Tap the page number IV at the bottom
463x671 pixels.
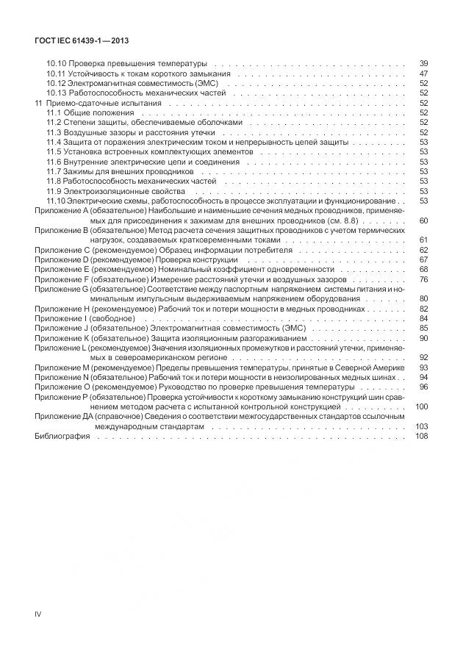[39, 611]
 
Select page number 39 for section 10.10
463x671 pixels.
[423, 64]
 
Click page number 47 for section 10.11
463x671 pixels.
[423, 74]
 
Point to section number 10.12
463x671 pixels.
[57, 84]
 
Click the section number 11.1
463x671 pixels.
[55, 113]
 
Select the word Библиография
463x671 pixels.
[62, 437]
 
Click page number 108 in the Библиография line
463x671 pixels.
[421, 437]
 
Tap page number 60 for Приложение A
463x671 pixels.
[423, 220]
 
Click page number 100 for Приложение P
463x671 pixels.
[421, 406]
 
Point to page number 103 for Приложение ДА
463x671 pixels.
[421, 426]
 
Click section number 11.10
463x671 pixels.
[57, 201]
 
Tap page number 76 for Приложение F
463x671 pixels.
[423, 279]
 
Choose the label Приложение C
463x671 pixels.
[62, 250]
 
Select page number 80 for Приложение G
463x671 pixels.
[423, 299]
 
